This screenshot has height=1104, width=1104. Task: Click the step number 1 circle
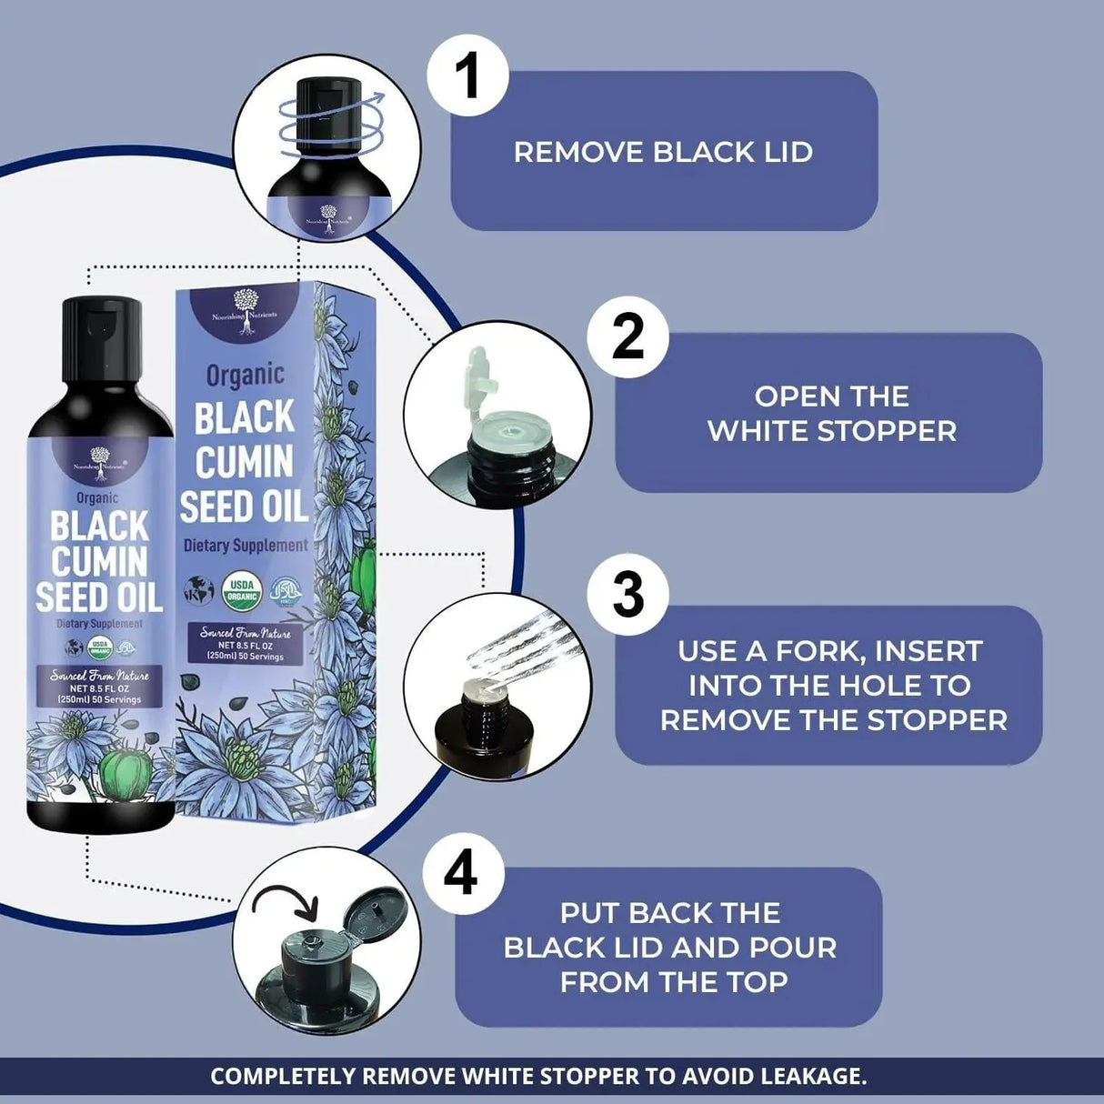467,75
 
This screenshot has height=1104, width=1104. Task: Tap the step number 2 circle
627,336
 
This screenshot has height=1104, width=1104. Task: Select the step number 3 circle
627,595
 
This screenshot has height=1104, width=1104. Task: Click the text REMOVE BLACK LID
663,152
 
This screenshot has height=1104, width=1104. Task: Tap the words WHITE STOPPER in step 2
832,431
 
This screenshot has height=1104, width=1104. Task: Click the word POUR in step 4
792,948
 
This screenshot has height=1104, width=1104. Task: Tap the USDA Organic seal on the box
241,591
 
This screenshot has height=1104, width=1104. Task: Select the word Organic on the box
245,375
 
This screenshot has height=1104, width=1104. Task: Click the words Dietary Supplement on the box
246,546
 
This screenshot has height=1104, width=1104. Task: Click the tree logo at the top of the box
245,303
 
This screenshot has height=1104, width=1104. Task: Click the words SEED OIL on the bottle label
99,597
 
